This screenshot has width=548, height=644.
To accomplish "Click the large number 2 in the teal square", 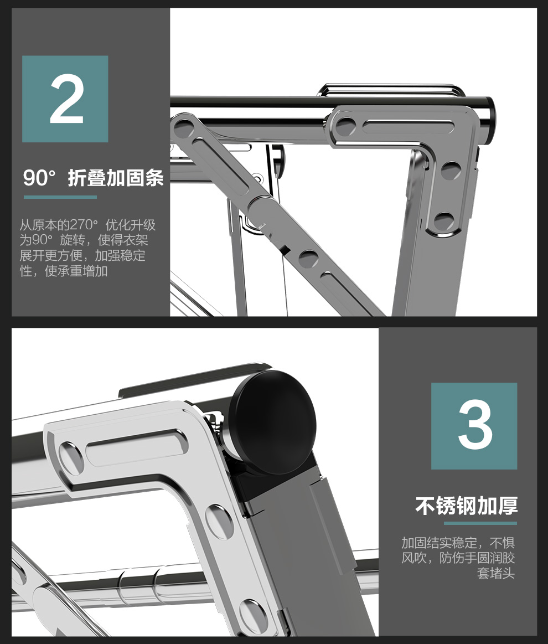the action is pyautogui.click(x=66, y=99).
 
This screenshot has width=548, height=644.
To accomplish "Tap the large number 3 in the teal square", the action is pyautogui.click(x=475, y=425).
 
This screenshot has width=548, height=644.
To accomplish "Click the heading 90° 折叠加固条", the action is pyautogui.click(x=93, y=178).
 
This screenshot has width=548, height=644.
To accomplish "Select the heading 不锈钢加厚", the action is pyautogui.click(x=466, y=506).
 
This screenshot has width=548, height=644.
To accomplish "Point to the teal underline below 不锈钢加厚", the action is pyautogui.click(x=480, y=523).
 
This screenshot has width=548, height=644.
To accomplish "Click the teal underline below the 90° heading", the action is pyautogui.click(x=60, y=197).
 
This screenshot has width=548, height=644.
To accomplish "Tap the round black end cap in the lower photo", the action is pyautogui.click(x=273, y=422).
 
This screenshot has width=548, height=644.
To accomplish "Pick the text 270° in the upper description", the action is pyautogui.click(x=84, y=225).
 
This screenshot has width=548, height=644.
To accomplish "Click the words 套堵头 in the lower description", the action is pyautogui.click(x=495, y=573).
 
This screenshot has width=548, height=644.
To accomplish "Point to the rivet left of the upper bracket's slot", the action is pyautogui.click(x=346, y=126).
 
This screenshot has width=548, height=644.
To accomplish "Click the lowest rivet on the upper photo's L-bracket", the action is pyautogui.click(x=444, y=221).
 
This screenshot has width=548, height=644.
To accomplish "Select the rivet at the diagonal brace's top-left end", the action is pyautogui.click(x=183, y=128).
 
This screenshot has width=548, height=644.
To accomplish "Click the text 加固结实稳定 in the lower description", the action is pyautogui.click(x=439, y=543).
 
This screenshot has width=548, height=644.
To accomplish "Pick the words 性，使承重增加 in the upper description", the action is pyautogui.click(x=64, y=271).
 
